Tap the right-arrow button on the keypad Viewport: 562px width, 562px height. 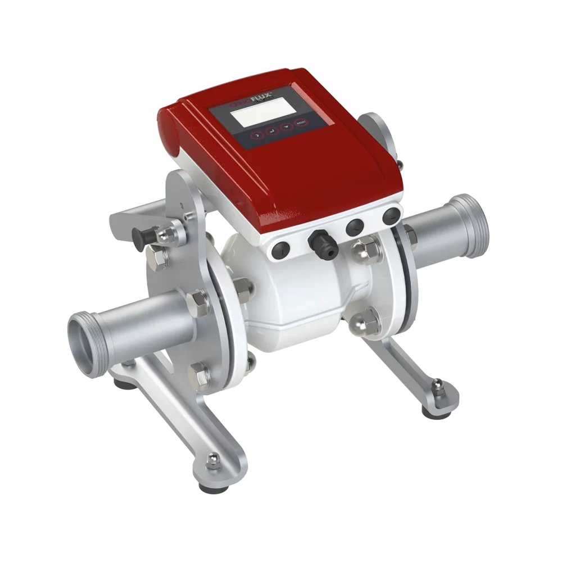click(x=256, y=135)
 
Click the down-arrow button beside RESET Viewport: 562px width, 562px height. click(x=287, y=128)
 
